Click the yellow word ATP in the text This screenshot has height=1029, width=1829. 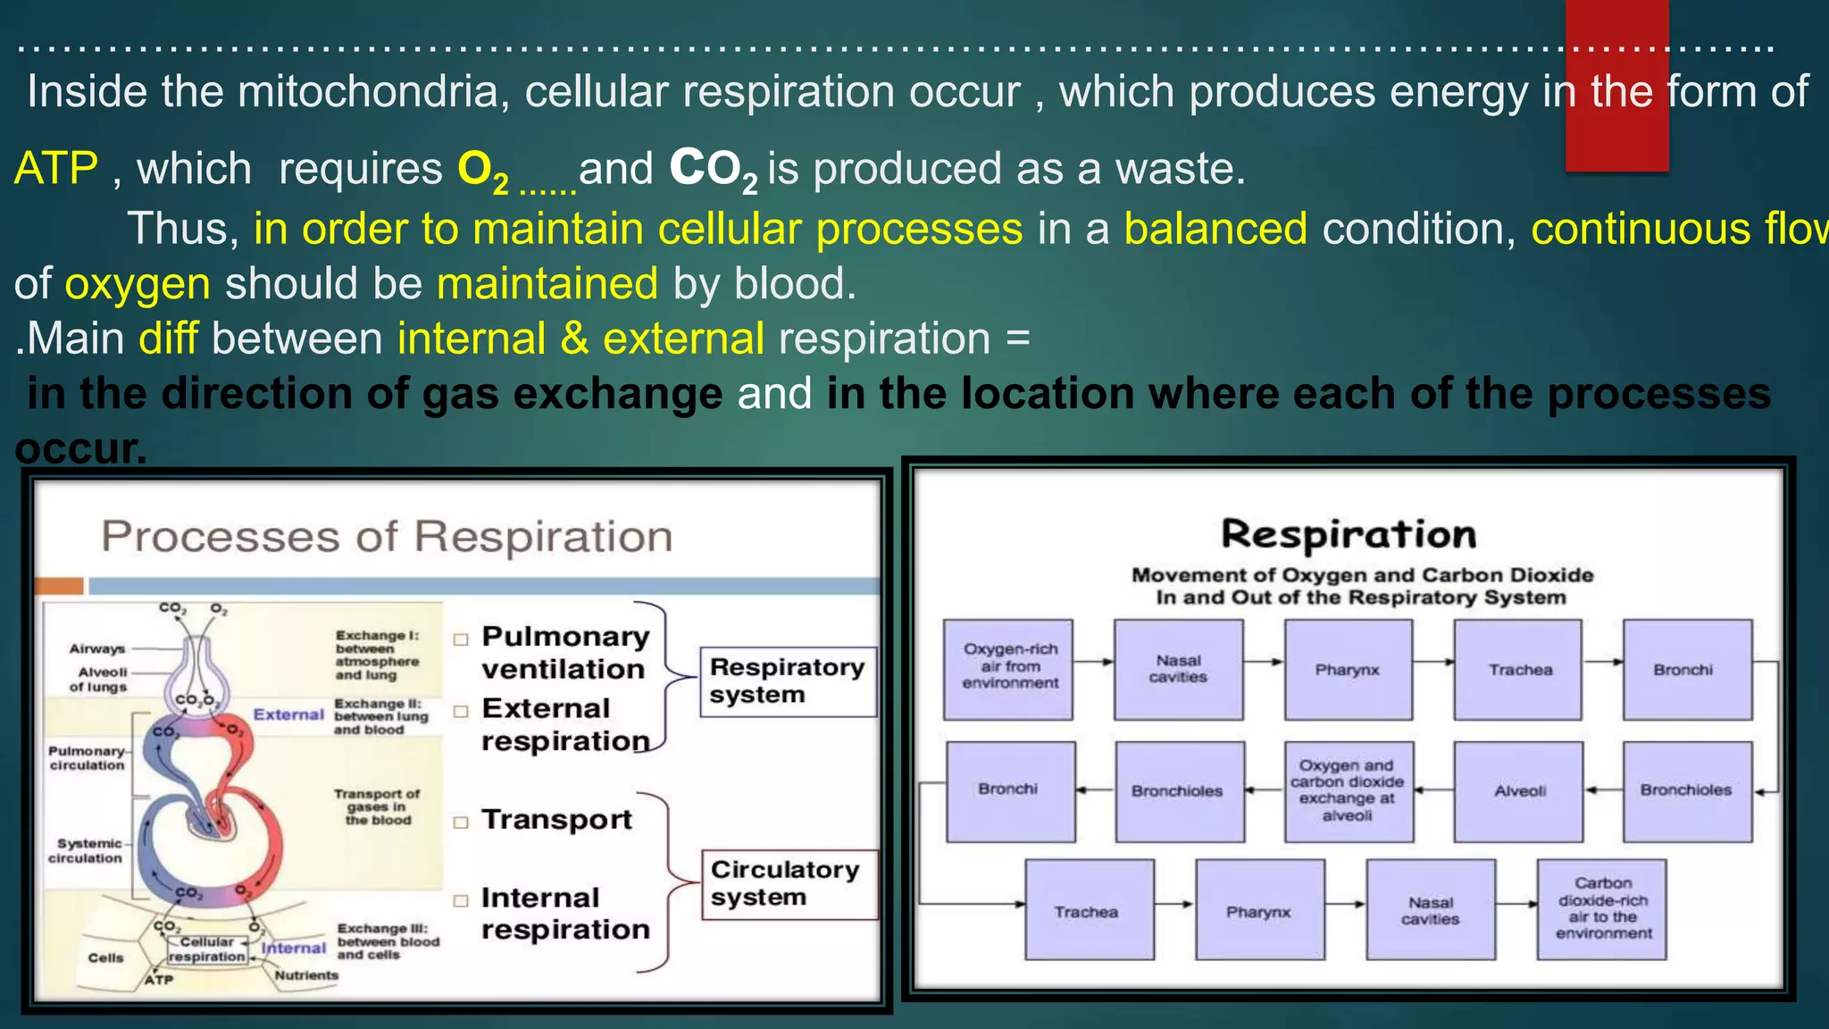55,168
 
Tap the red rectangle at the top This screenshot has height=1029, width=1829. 1616,85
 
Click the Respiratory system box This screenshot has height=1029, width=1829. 788,682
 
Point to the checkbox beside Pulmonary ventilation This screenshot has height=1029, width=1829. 461,640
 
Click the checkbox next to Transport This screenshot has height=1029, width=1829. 461,823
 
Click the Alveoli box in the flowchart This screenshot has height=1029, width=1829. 1518,791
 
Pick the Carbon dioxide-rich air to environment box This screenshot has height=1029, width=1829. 1602,909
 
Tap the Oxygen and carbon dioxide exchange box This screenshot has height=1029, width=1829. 1348,791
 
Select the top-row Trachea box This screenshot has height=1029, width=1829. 1518,669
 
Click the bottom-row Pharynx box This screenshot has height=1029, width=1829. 1259,910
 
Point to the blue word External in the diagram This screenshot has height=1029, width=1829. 288,715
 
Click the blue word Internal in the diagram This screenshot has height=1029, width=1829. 294,948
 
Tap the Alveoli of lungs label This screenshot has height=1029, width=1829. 100,680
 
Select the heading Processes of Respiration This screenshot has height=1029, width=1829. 387,537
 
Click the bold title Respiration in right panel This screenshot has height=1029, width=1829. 1349,534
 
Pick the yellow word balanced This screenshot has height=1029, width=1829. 1215,229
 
